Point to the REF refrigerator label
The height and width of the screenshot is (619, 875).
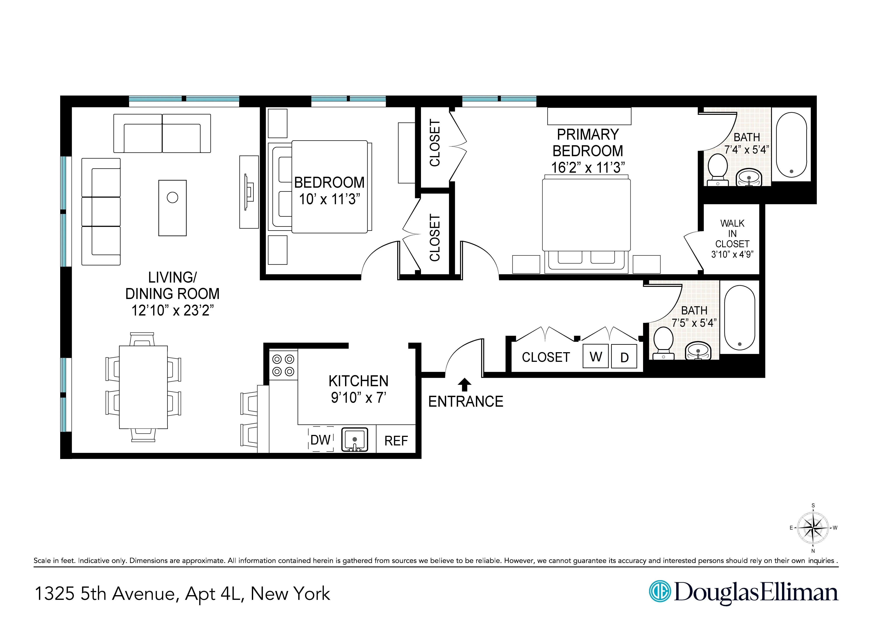(396, 441)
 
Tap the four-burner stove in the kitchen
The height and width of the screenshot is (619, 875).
(283, 365)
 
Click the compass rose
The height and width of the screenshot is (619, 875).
(813, 528)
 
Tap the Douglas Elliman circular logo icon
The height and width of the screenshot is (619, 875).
(660, 591)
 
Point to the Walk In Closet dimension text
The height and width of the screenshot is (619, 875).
(732, 254)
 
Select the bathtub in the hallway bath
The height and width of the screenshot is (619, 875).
(739, 318)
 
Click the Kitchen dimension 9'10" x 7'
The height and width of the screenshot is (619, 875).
(358, 397)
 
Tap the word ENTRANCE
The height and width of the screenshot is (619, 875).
(466, 402)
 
